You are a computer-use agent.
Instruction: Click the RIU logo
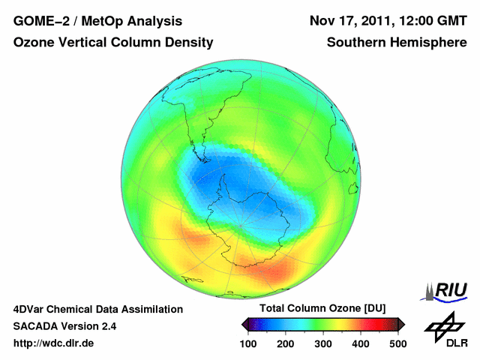[447, 290]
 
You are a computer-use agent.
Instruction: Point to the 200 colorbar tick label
[284, 343]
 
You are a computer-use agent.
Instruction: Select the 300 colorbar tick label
[322, 343]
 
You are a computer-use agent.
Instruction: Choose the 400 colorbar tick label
[360, 343]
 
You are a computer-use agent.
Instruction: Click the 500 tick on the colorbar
[397, 343]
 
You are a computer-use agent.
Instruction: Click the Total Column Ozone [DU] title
[322, 309]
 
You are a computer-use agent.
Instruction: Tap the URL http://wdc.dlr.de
[54, 343]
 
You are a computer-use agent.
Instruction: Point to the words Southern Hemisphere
[397, 43]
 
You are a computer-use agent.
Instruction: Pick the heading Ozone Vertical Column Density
[113, 43]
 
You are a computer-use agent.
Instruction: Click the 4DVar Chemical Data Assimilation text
[97, 309]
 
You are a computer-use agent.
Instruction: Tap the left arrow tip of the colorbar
[243, 324]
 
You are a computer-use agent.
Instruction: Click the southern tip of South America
[204, 159]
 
